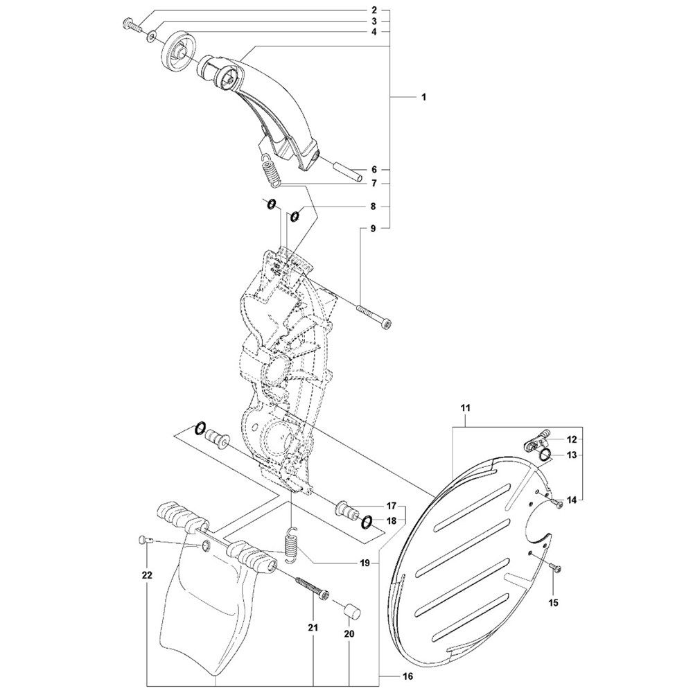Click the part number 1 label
423,97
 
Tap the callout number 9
373,229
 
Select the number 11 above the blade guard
465,407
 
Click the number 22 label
147,575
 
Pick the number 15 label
553,602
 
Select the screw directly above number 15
554,566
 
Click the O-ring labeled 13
545,454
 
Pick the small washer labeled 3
152,35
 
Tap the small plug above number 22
146,538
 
